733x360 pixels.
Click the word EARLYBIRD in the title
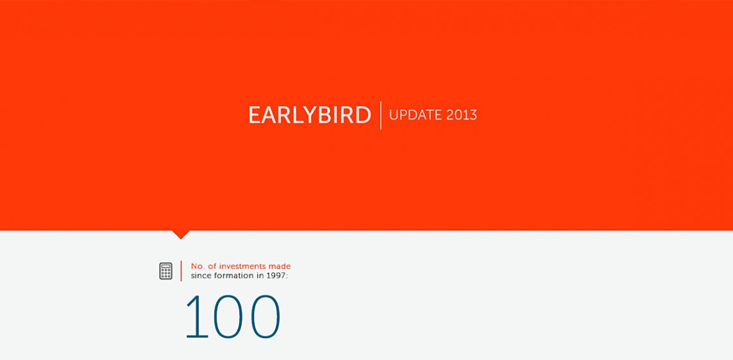(x=309, y=115)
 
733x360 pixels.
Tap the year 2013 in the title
(x=462, y=115)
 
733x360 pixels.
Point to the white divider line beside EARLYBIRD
(x=381, y=115)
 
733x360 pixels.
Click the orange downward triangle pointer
(x=181, y=234)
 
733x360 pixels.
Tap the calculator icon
(x=165, y=271)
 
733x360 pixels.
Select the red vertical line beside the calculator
(x=181, y=271)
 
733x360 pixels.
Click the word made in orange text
(x=280, y=266)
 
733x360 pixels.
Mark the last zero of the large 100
(x=265, y=316)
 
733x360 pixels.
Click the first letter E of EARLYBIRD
(x=255, y=115)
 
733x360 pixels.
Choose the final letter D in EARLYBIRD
(x=363, y=115)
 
